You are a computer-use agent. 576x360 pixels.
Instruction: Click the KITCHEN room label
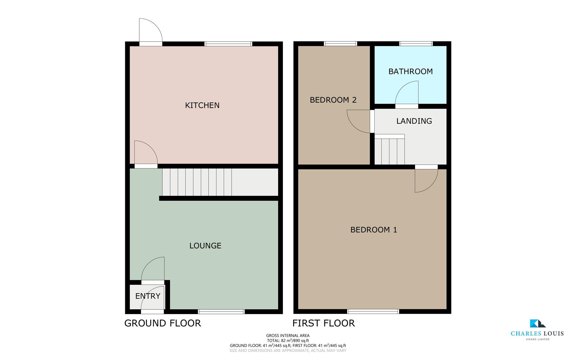tap(202, 105)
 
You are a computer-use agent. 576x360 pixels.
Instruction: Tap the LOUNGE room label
tap(205, 246)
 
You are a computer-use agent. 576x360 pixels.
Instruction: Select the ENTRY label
tap(148, 296)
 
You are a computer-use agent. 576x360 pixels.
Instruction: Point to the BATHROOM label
tap(410, 71)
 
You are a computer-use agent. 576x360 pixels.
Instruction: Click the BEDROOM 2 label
tap(333, 100)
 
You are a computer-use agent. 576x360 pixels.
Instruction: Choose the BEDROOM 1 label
tap(373, 230)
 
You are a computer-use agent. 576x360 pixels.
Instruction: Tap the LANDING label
tap(414, 121)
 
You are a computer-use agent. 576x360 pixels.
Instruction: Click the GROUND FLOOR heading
tap(163, 323)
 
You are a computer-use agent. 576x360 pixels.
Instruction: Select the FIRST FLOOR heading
tap(323, 323)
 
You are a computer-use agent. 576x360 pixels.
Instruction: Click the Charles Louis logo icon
tap(537, 323)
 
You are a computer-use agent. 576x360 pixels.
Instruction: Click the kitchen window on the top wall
tap(228, 44)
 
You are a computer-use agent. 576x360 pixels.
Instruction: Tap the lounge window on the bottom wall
tap(221, 312)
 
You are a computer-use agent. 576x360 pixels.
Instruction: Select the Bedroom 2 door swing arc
tap(358, 122)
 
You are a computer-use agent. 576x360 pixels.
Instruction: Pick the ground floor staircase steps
tap(197, 182)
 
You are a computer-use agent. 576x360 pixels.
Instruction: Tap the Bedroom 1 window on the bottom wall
tap(373, 312)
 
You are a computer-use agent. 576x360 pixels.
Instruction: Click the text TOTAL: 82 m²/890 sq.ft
tap(288, 341)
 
